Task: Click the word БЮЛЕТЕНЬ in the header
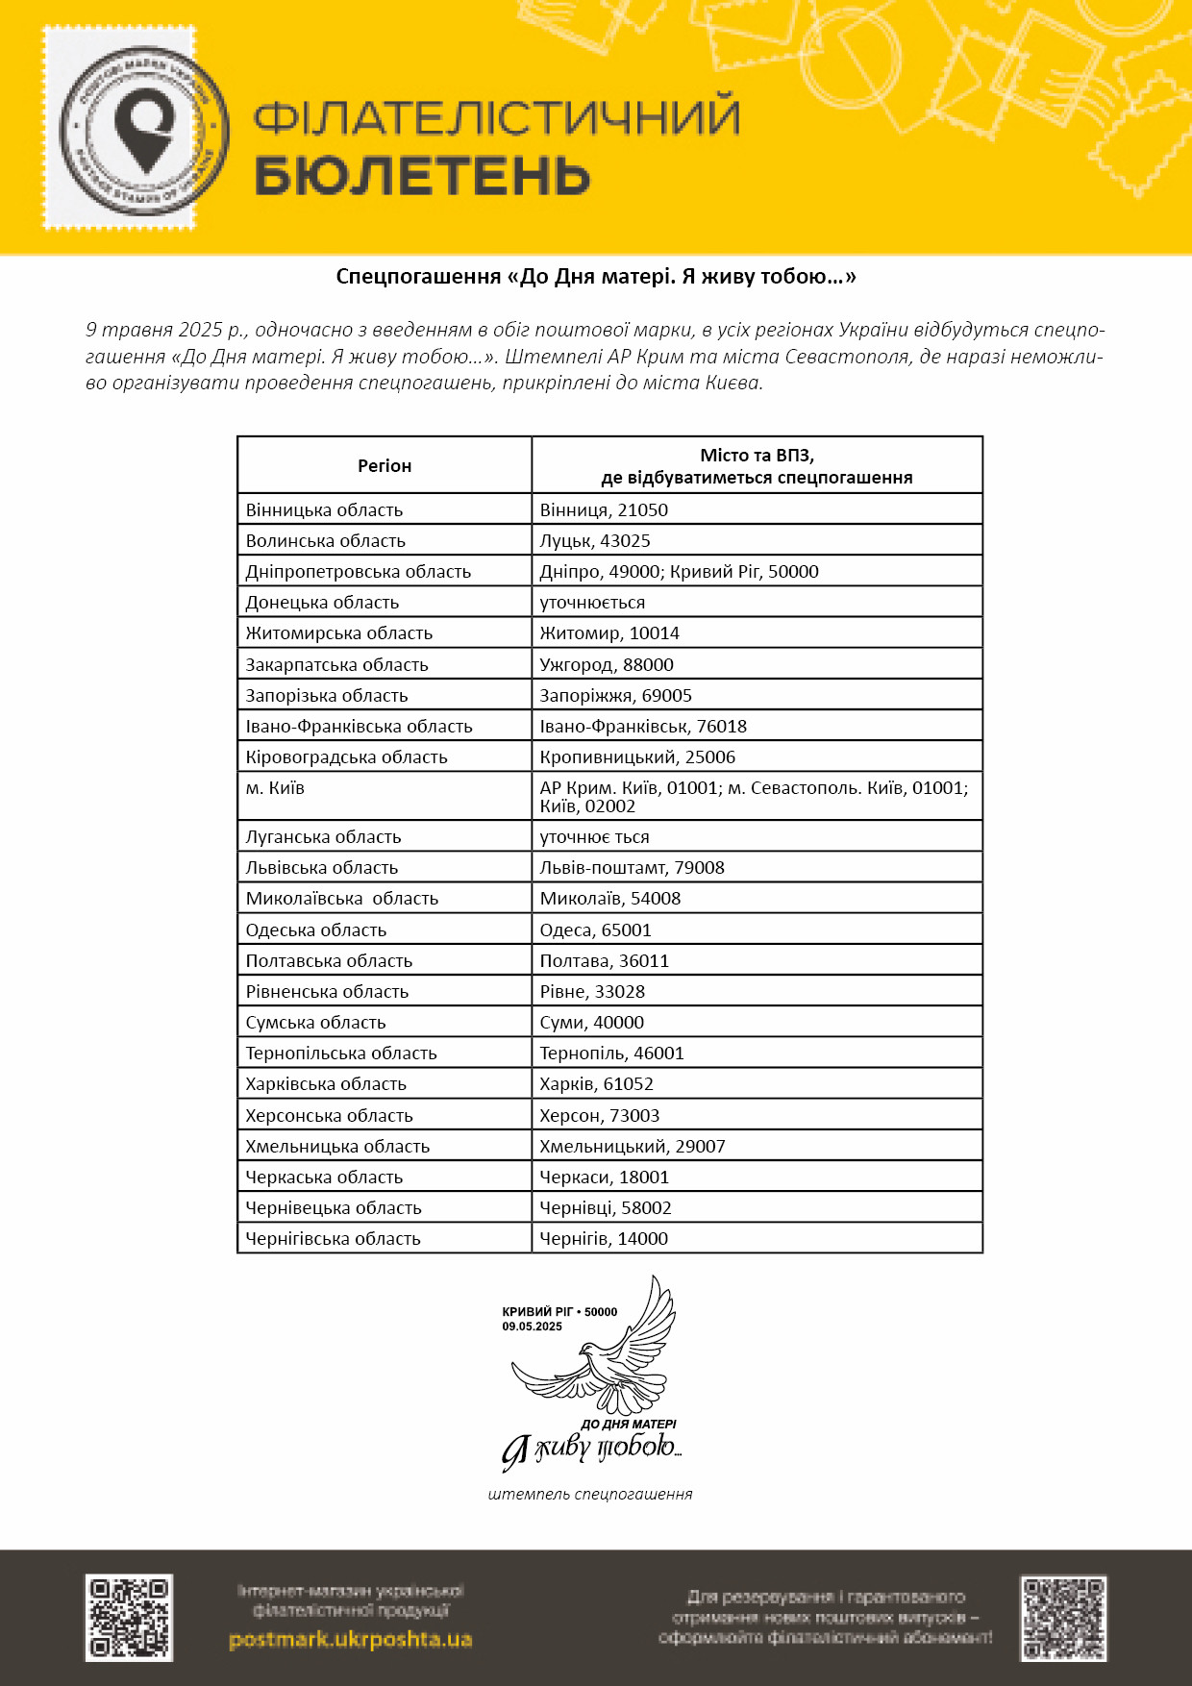pyautogui.click(x=422, y=176)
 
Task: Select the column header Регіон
pyautogui.click(x=385, y=466)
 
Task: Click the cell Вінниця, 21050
pyautogui.click(x=604, y=510)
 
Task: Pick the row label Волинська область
pyautogui.click(x=326, y=541)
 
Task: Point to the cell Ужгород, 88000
pyautogui.click(x=607, y=665)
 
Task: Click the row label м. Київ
pyautogui.click(x=275, y=788)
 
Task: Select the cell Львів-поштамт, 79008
pyautogui.click(x=632, y=868)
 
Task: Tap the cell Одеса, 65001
pyautogui.click(x=595, y=930)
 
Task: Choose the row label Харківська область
pyautogui.click(x=326, y=1084)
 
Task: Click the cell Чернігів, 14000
pyautogui.click(x=604, y=1239)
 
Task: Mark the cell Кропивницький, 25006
pyautogui.click(x=637, y=757)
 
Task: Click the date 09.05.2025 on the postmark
pyautogui.click(x=532, y=1326)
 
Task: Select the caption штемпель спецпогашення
pyautogui.click(x=590, y=1495)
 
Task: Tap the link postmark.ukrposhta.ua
pyautogui.click(x=351, y=1639)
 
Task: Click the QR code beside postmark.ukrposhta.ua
pyautogui.click(x=129, y=1618)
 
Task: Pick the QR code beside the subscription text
pyautogui.click(x=1063, y=1619)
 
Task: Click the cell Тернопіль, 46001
pyautogui.click(x=611, y=1054)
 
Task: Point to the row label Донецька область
pyautogui.click(x=322, y=603)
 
